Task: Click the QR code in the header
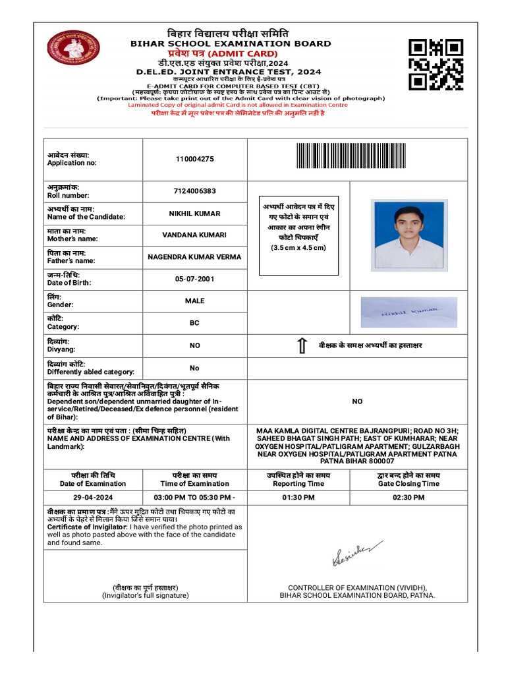pos(436,64)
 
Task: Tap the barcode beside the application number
pos(351,157)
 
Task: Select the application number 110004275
pos(194,159)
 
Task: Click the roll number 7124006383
pos(194,191)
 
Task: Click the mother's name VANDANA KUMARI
pos(194,235)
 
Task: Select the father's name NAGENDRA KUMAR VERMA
pos(194,257)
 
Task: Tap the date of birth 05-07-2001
pos(194,279)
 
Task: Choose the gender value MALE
pos(194,301)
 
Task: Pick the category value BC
pos(194,324)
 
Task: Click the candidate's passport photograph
pos(408,235)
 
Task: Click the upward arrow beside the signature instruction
pos(302,346)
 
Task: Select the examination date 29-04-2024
pos(93,497)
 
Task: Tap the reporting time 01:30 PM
pos(298,497)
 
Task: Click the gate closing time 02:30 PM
pos(408,497)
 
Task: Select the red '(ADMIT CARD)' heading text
pos(243,53)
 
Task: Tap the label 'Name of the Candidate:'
pos(85,217)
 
